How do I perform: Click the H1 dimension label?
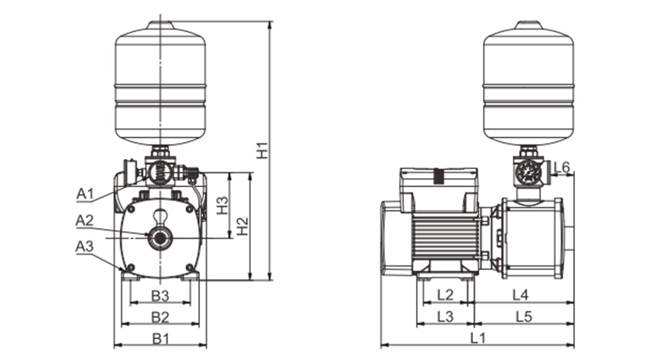(262, 151)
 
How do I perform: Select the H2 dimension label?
(242, 226)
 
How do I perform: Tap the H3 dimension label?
(223, 206)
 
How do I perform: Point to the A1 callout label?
(85, 194)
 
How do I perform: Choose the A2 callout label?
(85, 220)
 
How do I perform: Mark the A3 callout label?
(85, 246)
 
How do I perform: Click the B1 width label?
(160, 338)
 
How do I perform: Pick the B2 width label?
(160, 317)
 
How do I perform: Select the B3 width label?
(160, 296)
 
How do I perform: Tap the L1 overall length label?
(478, 338)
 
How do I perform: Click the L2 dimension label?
(445, 295)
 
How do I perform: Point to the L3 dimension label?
(445, 317)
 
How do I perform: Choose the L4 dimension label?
(521, 295)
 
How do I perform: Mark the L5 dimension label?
(524, 317)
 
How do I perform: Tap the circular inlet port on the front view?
(160, 238)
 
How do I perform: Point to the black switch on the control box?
(439, 175)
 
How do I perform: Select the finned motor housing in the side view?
(445, 236)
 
